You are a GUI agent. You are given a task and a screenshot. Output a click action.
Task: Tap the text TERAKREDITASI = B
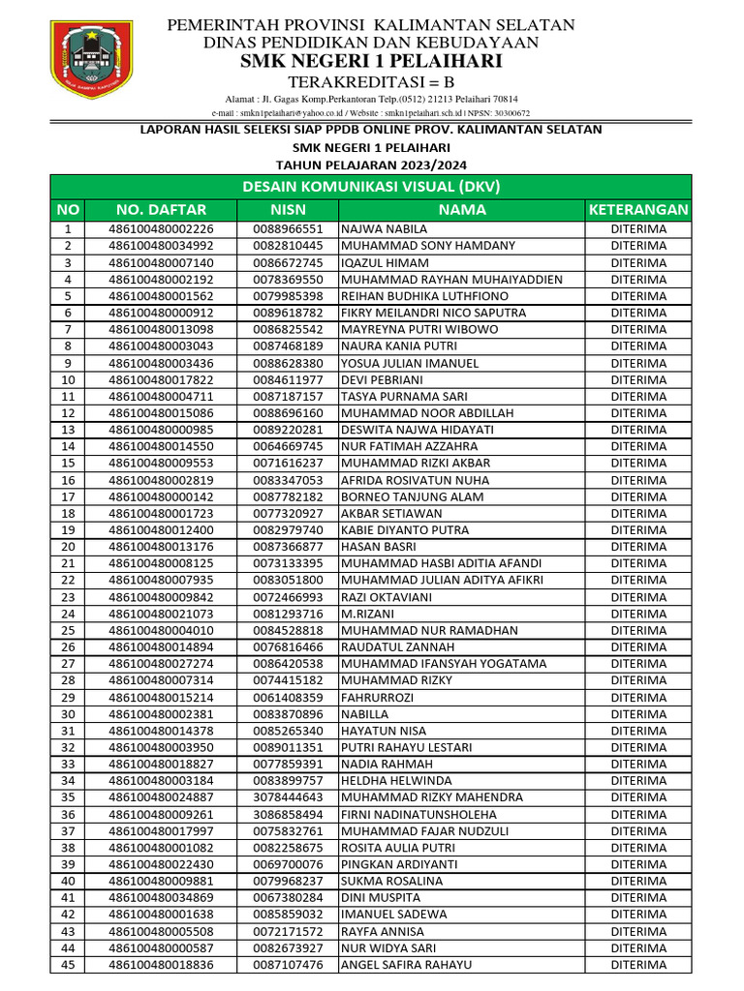pyautogui.click(x=372, y=82)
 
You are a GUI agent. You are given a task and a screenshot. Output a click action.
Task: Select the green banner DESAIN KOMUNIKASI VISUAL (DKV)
pyautogui.click(x=372, y=187)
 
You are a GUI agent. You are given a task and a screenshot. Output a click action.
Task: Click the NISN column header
pyautogui.click(x=288, y=210)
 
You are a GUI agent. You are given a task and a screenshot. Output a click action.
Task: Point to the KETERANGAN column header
pyautogui.click(x=638, y=210)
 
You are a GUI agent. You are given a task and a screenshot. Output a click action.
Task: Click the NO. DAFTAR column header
pyautogui.click(x=161, y=210)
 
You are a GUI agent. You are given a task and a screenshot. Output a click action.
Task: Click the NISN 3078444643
pyautogui.click(x=288, y=797)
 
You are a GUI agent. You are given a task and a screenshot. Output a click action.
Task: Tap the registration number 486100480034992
pyautogui.click(x=161, y=246)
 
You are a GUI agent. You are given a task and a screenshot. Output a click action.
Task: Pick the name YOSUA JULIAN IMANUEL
pyautogui.click(x=410, y=363)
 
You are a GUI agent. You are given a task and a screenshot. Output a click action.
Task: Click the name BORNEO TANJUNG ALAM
pyautogui.click(x=410, y=496)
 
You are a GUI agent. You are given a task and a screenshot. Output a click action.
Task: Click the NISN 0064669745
pyautogui.click(x=288, y=446)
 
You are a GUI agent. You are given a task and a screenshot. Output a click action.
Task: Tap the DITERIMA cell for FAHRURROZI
pyautogui.click(x=638, y=697)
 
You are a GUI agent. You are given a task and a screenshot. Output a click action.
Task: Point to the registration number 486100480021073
pyautogui.click(x=161, y=614)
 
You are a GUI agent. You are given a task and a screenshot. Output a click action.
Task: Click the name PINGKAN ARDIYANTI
pyautogui.click(x=399, y=864)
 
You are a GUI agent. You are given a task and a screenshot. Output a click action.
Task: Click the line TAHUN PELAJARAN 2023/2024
pyautogui.click(x=372, y=165)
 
